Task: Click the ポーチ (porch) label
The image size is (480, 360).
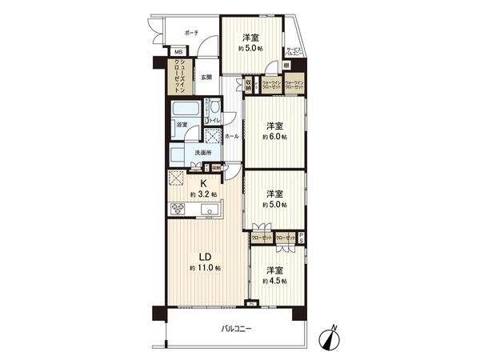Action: pos(190,33)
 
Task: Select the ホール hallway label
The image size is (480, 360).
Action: pos(231,137)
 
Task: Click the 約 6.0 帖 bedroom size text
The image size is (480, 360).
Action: pos(274,137)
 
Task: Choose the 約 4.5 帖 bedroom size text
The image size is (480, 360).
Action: pos(274,281)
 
